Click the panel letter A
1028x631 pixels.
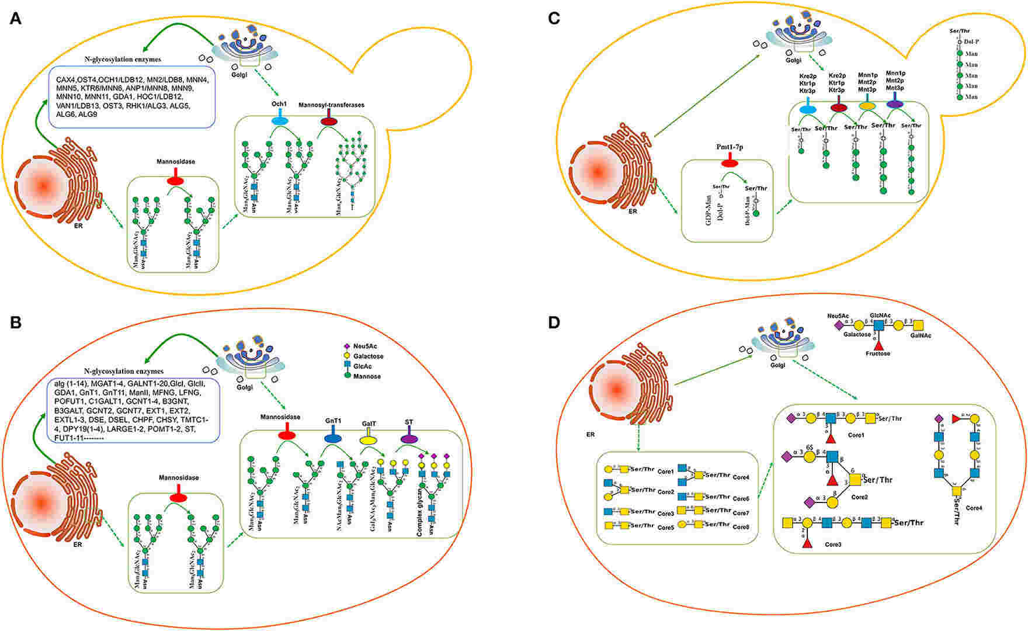click(16, 19)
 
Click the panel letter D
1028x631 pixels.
click(555, 322)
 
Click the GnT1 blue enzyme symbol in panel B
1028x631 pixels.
click(332, 438)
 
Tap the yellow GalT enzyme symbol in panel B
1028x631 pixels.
click(369, 438)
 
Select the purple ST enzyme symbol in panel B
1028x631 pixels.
click(409, 438)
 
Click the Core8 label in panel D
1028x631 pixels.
click(741, 526)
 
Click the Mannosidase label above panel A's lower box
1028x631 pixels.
click(175, 161)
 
